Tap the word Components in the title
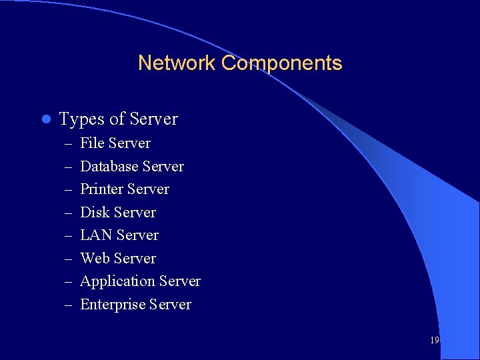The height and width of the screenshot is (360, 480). pos(281,63)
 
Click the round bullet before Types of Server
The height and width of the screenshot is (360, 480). pos(45,119)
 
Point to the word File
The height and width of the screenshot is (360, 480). pos(92,143)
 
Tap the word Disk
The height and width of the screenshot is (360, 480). pos(94,213)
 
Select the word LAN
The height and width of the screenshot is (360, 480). pos(96,235)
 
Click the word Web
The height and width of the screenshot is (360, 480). pos(95,259)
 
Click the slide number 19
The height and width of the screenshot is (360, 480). pos(435,340)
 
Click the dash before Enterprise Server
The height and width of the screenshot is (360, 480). pos(69,305)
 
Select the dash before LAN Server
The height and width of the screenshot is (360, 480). pos(69,236)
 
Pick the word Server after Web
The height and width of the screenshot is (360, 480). pos(135,259)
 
